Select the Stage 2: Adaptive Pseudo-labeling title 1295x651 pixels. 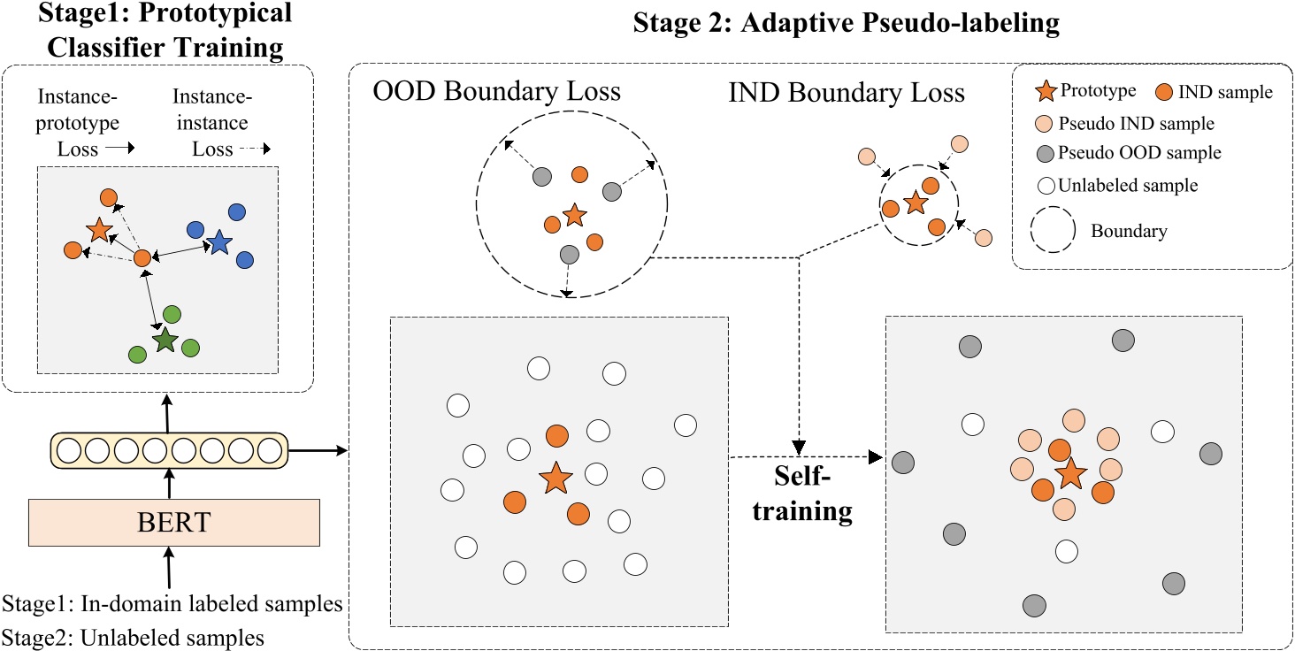846,23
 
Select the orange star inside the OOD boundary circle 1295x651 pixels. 574,214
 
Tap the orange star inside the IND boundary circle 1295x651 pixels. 916,203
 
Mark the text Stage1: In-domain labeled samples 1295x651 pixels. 172,606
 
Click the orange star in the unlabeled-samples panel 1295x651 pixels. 555,479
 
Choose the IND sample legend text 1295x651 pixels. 1226,93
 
